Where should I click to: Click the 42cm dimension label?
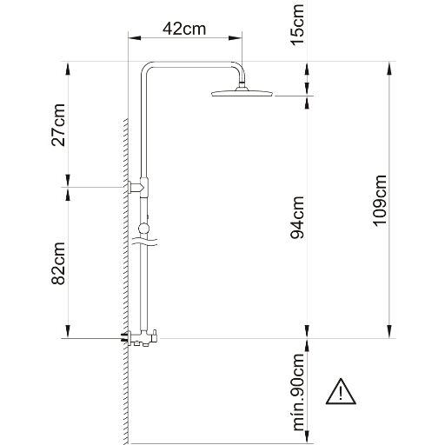[184, 29]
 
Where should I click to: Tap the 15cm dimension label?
[297, 24]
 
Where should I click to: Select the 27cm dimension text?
[58, 124]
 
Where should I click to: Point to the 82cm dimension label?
[58, 263]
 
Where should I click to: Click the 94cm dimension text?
[297, 217]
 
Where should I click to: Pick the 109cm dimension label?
[380, 201]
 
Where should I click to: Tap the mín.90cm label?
[298, 392]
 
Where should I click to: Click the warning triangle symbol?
[341, 391]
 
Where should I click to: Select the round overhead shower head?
[242, 92]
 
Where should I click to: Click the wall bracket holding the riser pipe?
[138, 187]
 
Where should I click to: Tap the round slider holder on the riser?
[143, 229]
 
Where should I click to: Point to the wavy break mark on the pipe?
[144, 242]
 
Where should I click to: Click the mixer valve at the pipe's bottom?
[140, 338]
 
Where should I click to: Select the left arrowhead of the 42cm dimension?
[135, 38]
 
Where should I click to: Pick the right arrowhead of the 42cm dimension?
[236, 38]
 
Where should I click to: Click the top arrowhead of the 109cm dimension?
[389, 69]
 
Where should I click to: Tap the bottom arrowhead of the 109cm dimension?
[389, 331]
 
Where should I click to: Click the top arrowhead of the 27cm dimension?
[68, 69]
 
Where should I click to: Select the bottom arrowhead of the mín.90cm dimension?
[307, 436]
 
